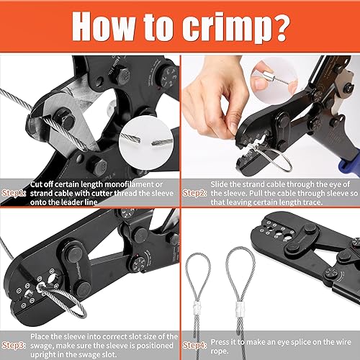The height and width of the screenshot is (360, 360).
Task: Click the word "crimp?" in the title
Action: (236, 27)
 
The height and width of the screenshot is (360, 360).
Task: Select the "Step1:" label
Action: (14, 193)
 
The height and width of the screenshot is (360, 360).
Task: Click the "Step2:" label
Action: (194, 193)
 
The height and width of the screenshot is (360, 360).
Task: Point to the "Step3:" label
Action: (14, 345)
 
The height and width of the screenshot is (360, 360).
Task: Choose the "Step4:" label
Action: (194, 345)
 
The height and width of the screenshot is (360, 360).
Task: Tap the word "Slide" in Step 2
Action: (219, 184)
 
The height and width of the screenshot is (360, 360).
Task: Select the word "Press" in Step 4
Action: (220, 342)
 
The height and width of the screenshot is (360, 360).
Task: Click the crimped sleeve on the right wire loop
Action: (240, 307)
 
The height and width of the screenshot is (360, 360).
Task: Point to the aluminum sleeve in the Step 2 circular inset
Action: (267, 76)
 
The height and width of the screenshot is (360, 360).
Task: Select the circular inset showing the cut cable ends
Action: (146, 143)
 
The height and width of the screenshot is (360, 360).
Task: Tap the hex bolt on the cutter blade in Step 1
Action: (64, 117)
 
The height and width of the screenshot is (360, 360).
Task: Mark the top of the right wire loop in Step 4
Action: (240, 248)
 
